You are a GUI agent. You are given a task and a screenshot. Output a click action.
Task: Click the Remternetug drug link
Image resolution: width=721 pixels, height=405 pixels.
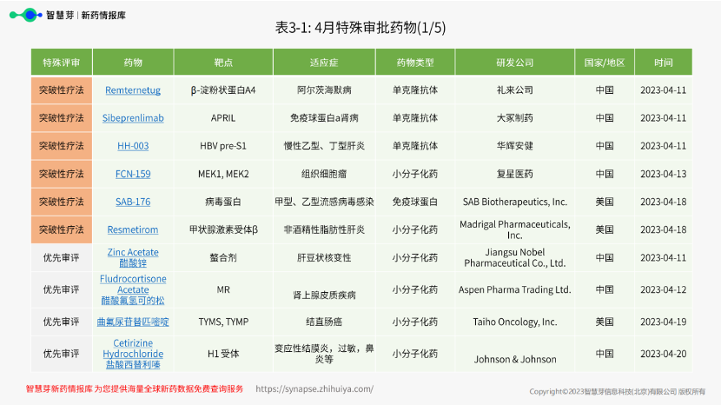pos(133,90)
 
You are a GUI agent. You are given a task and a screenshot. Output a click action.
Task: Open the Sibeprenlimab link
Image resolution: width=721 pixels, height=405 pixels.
pos(133,118)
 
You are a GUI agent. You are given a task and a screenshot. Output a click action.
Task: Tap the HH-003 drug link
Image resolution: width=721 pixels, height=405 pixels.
pos(133,146)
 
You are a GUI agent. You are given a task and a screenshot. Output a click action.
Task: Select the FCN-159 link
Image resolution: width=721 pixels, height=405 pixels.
pos(133,174)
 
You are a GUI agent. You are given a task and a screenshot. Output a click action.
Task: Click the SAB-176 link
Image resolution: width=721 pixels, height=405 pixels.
pos(133,202)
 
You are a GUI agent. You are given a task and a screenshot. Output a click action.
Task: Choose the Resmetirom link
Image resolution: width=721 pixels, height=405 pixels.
pos(133,229)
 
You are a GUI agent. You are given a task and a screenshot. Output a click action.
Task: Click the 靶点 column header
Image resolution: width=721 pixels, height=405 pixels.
pos(223,63)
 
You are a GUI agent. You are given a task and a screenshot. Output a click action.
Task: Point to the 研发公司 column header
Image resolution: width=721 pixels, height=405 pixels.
pos(515,63)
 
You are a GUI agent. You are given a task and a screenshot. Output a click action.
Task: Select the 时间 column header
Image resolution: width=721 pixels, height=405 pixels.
pos(664,63)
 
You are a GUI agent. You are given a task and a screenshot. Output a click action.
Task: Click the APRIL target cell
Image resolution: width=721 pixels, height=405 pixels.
pos(223,118)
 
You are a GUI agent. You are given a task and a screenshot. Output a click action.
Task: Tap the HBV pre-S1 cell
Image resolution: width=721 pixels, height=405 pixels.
pos(223,146)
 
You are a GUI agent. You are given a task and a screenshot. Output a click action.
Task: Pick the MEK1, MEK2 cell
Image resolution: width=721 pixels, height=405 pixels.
pos(223,174)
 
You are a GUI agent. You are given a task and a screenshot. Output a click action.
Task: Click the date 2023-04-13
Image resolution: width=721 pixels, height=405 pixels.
pos(664,174)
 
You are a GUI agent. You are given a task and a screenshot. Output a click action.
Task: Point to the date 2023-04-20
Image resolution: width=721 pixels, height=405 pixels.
pos(664,354)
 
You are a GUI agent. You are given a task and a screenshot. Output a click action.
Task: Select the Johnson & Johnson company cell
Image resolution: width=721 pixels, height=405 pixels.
pos(515,359)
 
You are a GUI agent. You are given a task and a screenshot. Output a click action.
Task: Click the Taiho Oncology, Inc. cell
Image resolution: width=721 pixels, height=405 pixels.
pos(515,322)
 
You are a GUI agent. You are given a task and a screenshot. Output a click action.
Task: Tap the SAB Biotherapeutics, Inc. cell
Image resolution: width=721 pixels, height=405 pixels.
pos(515,202)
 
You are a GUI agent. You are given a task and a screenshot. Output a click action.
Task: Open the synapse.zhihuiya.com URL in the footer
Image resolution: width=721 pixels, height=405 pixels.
pos(314,388)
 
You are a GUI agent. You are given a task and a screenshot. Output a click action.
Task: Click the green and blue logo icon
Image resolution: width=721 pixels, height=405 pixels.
pos(26,15)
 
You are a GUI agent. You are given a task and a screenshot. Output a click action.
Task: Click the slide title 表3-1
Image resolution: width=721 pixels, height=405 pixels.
pos(360,28)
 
